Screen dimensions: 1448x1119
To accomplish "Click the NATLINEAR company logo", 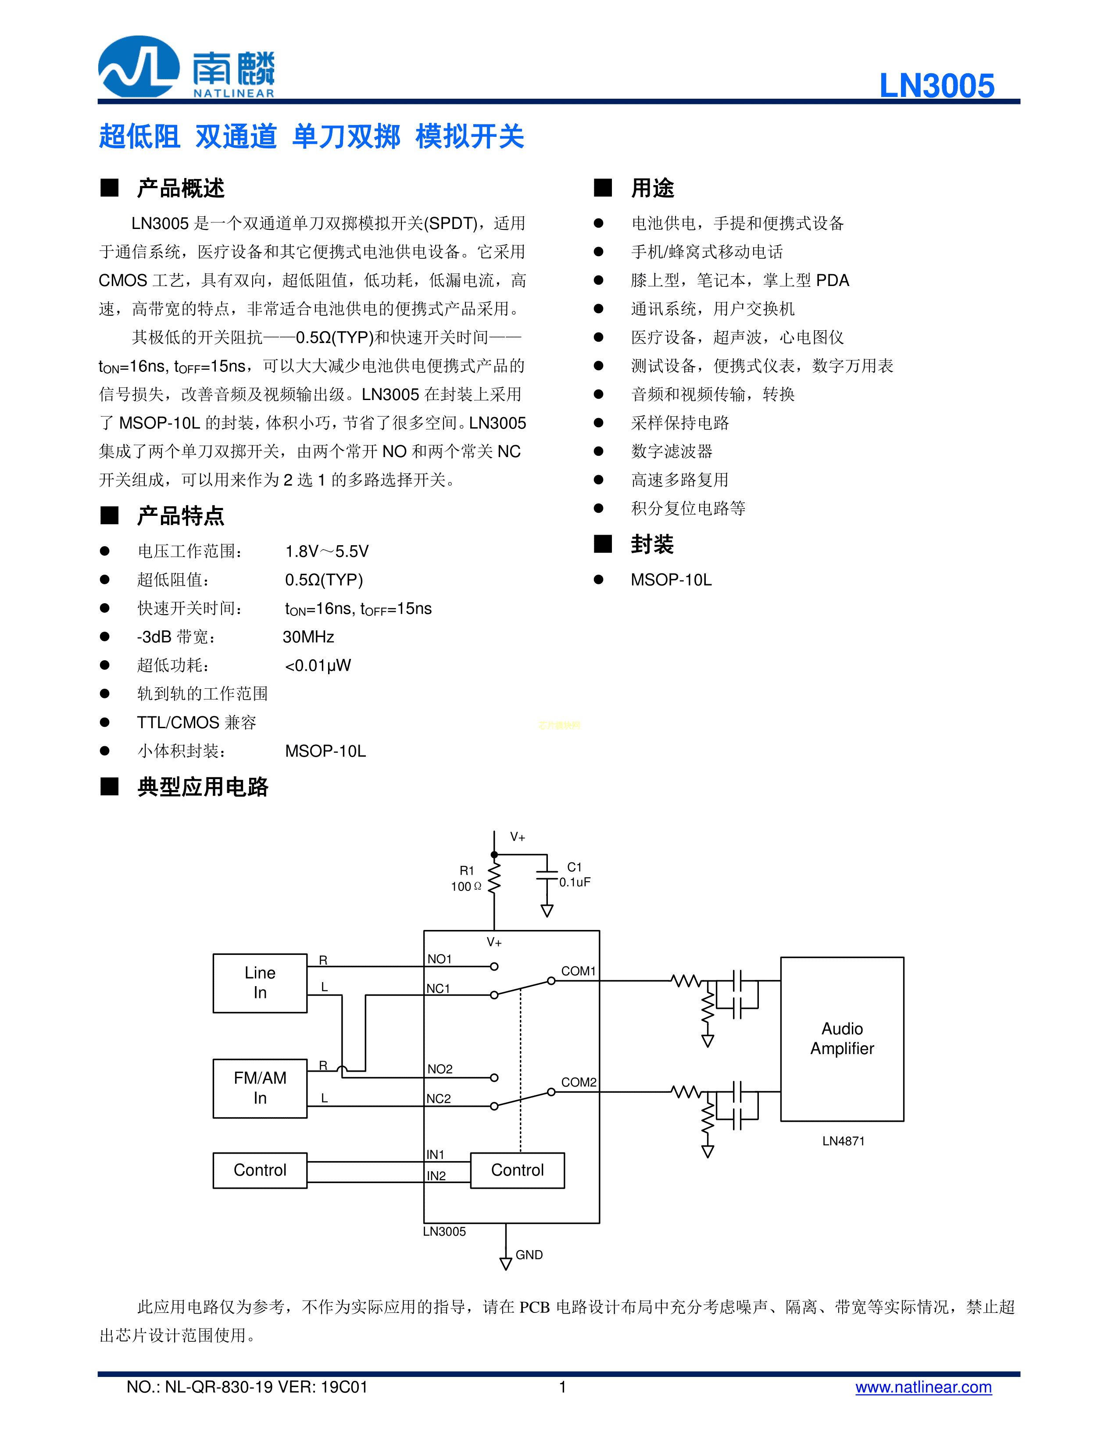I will (x=186, y=68).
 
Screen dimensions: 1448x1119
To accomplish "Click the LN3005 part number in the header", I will (x=936, y=86).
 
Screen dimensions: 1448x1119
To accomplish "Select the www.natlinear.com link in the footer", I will (x=923, y=1387).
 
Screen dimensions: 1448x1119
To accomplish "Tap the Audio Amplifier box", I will (x=842, y=1038).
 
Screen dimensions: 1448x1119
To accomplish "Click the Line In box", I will (x=260, y=983).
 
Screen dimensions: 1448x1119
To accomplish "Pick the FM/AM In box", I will (x=260, y=1088).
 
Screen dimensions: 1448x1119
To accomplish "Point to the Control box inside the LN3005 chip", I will (x=517, y=1170).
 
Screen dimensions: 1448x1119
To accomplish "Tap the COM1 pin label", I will (x=578, y=971).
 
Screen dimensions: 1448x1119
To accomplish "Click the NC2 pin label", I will (x=438, y=1098).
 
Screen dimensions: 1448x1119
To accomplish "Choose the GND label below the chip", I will (x=529, y=1255).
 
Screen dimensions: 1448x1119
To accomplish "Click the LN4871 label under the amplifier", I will (x=843, y=1141).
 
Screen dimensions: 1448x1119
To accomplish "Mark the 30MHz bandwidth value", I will (x=308, y=637).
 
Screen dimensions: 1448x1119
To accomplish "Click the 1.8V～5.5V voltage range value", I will (x=327, y=552).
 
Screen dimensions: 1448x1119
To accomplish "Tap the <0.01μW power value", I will (x=318, y=665).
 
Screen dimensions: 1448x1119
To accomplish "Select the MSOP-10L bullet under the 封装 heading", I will (x=671, y=580).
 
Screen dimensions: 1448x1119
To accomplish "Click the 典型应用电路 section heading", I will (x=202, y=787).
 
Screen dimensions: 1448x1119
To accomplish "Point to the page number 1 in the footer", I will (x=562, y=1387).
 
